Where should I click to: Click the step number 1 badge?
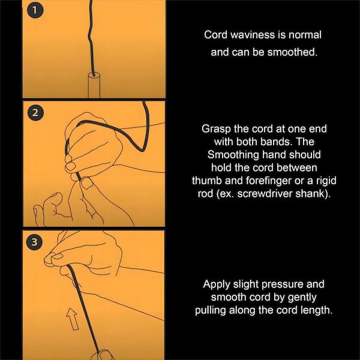point(35,10)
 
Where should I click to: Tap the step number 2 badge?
point(35,113)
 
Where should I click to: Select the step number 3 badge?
point(34,242)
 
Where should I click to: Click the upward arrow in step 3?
point(73,319)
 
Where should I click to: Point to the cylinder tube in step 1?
point(94,85)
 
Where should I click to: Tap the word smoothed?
point(292,52)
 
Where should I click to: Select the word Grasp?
point(216,129)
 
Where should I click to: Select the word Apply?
point(217,284)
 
